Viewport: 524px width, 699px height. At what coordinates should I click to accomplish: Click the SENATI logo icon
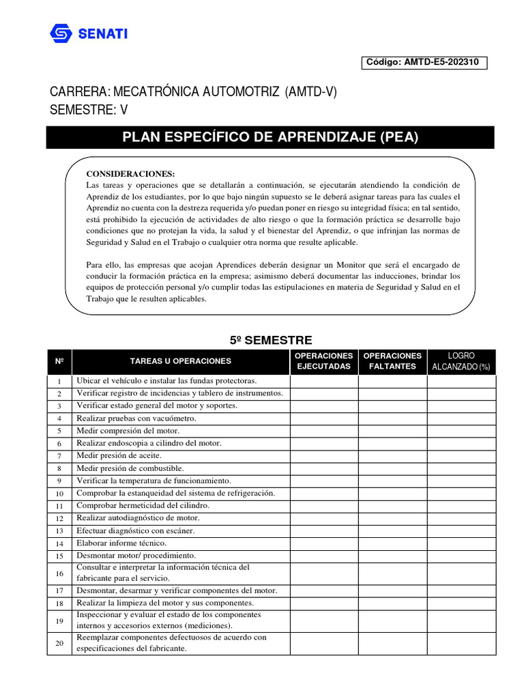(60, 33)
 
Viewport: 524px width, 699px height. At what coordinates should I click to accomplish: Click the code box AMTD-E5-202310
(426, 61)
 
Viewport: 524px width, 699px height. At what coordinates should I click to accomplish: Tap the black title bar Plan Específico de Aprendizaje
(270, 137)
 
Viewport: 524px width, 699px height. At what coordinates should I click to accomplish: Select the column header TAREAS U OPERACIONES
(181, 361)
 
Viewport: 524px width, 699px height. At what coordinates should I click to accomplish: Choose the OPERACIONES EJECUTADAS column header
(324, 361)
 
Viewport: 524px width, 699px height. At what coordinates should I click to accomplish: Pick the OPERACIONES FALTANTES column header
(392, 361)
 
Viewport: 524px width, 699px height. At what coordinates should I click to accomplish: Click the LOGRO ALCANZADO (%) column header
(461, 361)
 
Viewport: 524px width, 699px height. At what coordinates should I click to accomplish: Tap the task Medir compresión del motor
(128, 431)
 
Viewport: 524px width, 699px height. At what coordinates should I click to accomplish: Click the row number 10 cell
(59, 494)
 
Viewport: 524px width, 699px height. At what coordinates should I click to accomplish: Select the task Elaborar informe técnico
(121, 543)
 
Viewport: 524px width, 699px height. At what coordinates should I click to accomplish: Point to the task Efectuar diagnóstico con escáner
(136, 530)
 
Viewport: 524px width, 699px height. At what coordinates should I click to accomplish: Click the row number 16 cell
(59, 573)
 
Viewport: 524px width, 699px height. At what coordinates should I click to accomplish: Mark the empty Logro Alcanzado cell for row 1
(461, 381)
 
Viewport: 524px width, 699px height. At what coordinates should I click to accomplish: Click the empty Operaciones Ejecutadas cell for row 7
(324, 456)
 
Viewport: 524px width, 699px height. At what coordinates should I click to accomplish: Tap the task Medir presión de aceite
(119, 455)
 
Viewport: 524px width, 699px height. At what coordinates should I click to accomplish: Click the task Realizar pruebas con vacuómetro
(136, 418)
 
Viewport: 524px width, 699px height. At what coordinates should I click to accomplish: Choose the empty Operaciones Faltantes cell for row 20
(392, 643)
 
